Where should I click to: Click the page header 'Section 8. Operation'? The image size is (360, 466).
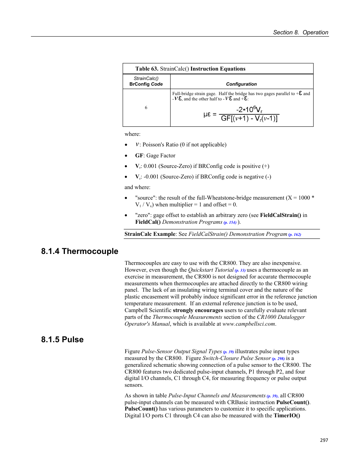[300, 32]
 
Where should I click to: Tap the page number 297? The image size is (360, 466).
[324, 440]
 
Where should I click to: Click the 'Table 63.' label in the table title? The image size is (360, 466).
[147, 69]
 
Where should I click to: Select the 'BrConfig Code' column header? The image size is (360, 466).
[146, 84]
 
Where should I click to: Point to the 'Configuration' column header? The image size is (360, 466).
[241, 84]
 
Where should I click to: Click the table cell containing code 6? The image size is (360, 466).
[146, 108]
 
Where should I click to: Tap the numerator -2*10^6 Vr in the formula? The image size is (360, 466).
[249, 109]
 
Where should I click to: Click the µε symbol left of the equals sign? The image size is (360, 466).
[207, 114]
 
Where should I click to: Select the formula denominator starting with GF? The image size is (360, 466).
[249, 118]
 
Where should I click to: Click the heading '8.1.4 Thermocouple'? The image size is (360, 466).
[80, 251]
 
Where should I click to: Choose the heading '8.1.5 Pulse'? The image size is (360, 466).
[62, 340]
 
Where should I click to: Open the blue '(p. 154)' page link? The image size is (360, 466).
[230, 222]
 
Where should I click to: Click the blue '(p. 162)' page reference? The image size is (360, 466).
[295, 234]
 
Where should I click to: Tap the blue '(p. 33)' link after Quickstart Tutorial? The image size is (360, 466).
[240, 270]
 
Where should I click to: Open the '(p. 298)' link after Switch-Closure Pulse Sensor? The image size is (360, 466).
[278, 358]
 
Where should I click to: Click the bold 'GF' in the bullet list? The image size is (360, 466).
[139, 155]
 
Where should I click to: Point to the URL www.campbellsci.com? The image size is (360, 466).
[249, 324]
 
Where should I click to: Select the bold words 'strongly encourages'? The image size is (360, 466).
[198, 310]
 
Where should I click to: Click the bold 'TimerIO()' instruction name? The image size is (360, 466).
[287, 415]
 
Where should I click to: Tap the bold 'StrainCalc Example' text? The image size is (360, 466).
[150, 234]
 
